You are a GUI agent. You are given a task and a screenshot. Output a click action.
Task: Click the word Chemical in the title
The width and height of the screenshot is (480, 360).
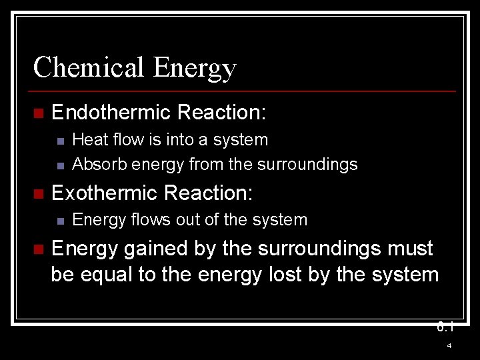pos(89,68)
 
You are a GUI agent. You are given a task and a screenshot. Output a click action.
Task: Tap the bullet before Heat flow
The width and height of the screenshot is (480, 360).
pos(60,141)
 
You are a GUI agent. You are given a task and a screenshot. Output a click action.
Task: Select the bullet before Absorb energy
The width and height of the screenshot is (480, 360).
pos(60,165)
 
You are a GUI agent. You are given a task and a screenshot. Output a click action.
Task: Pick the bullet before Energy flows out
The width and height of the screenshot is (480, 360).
pos(60,221)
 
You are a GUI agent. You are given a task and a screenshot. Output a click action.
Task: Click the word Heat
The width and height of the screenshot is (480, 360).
pos(87,140)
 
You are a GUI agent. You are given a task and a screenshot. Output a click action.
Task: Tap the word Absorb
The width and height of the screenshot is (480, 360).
pos(94,164)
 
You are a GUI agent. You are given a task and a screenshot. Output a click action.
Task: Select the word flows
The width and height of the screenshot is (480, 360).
pos(143,220)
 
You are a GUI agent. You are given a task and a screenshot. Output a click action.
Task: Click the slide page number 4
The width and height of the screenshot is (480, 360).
pos(449,346)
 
